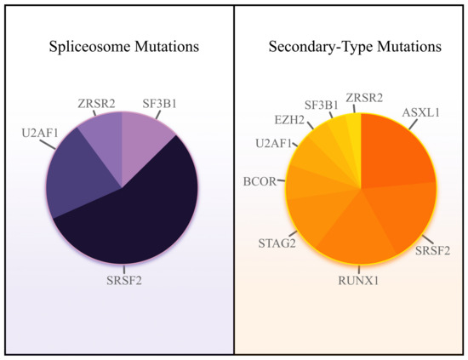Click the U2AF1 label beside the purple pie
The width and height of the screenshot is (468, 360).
37,134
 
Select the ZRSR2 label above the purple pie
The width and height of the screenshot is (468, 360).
91,103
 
